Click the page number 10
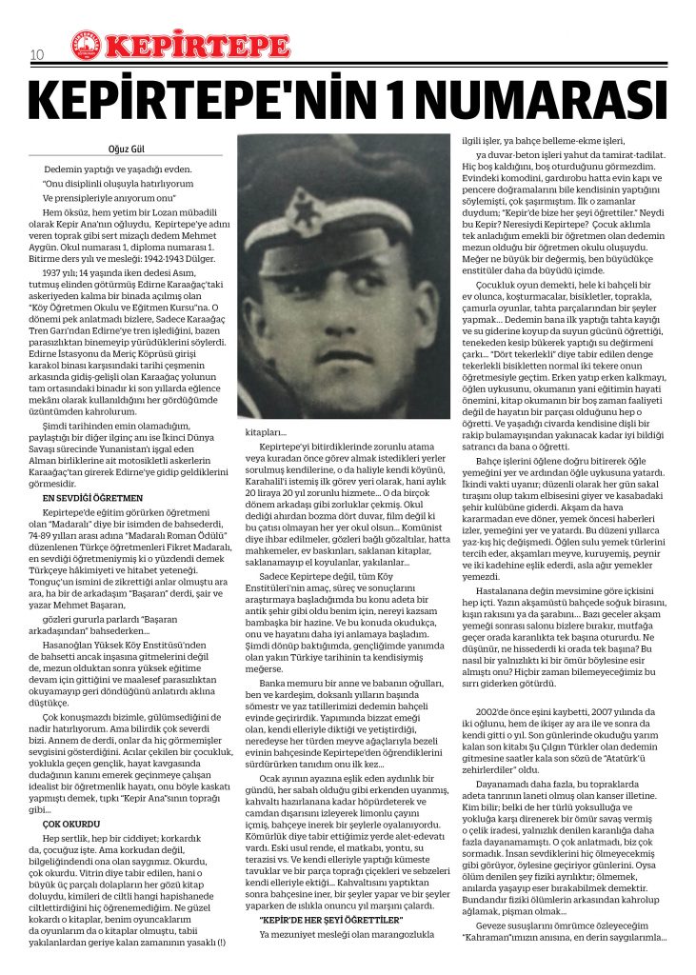(38, 54)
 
